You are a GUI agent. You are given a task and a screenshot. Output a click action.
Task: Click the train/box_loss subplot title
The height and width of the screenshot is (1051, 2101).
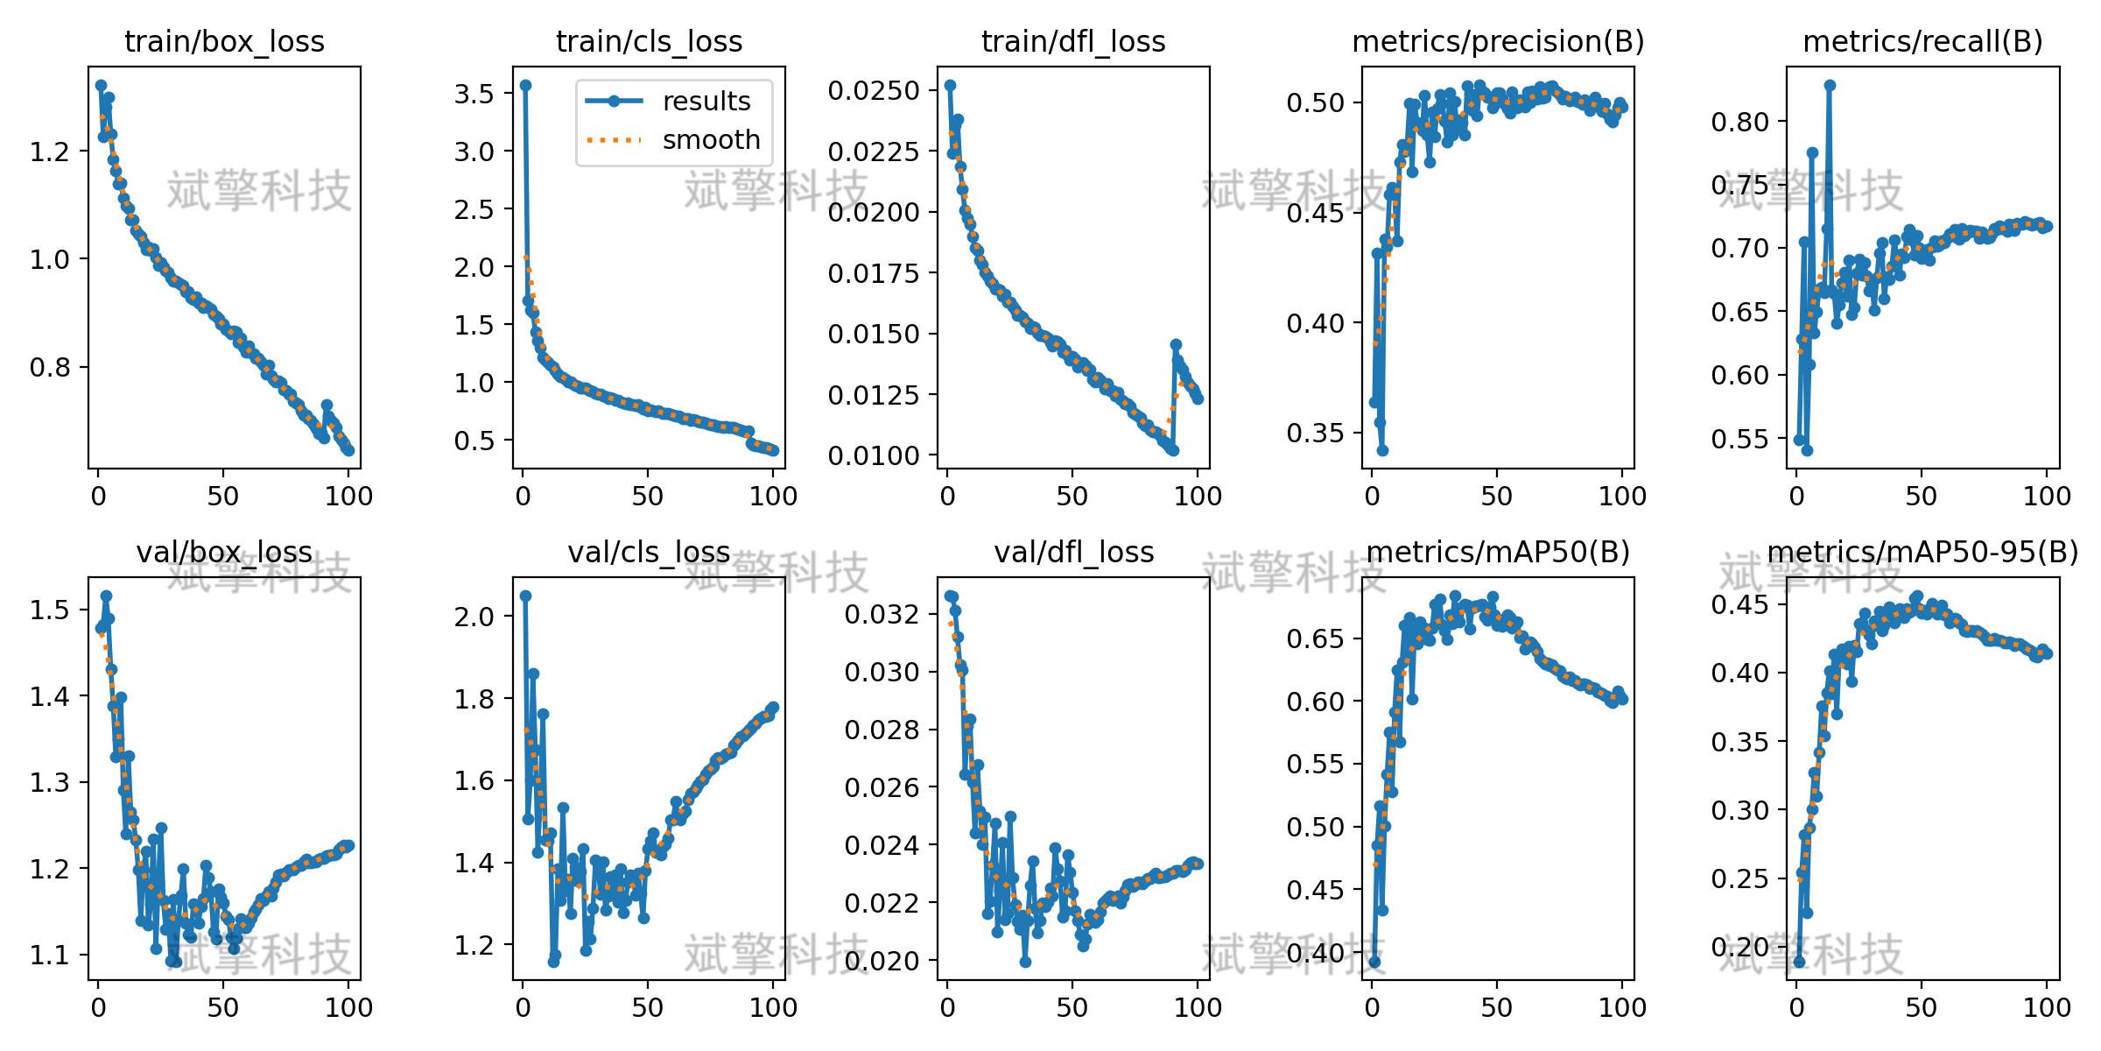coord(224,41)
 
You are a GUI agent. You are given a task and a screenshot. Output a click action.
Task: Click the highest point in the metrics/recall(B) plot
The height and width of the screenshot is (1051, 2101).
coord(1830,85)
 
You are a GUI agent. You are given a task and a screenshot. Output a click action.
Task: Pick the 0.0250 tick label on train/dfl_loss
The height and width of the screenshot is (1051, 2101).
coord(874,90)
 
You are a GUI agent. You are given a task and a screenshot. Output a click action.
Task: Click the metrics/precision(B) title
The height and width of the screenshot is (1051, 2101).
coord(1498,41)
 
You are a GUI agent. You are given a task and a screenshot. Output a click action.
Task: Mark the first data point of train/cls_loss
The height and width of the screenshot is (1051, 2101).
coord(525,85)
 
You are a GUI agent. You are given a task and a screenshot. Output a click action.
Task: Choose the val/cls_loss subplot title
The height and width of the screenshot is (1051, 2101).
coord(649,552)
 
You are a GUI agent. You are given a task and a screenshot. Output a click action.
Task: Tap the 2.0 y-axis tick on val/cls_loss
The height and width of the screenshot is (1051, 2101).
coord(474,617)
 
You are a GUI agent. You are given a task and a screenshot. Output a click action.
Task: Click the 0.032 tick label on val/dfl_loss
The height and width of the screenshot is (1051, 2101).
coord(882,614)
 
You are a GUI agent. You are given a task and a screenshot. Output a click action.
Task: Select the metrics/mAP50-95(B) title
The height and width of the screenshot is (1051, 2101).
coord(1923,552)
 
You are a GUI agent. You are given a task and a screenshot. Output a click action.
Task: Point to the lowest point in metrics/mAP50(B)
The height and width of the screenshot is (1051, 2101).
coord(1374,962)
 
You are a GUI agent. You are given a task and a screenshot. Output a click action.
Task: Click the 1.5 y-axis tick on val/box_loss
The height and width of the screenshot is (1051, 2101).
coord(50,610)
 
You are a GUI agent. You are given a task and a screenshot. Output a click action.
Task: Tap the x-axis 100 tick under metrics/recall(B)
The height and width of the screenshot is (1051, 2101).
coord(2047,496)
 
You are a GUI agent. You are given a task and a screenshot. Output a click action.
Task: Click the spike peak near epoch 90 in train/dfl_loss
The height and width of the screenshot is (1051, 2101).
coord(1176,345)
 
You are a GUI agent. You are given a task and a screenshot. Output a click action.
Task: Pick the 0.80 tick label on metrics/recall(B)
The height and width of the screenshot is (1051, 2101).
coord(1740,122)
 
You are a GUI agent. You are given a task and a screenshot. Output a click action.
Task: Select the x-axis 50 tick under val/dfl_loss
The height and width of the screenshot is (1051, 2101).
coord(1072,1007)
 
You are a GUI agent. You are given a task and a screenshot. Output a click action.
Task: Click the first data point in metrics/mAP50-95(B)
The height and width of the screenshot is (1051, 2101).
coord(1799,962)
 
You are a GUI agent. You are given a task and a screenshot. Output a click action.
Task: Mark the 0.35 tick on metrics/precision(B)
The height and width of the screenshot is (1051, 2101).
coord(1316,434)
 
